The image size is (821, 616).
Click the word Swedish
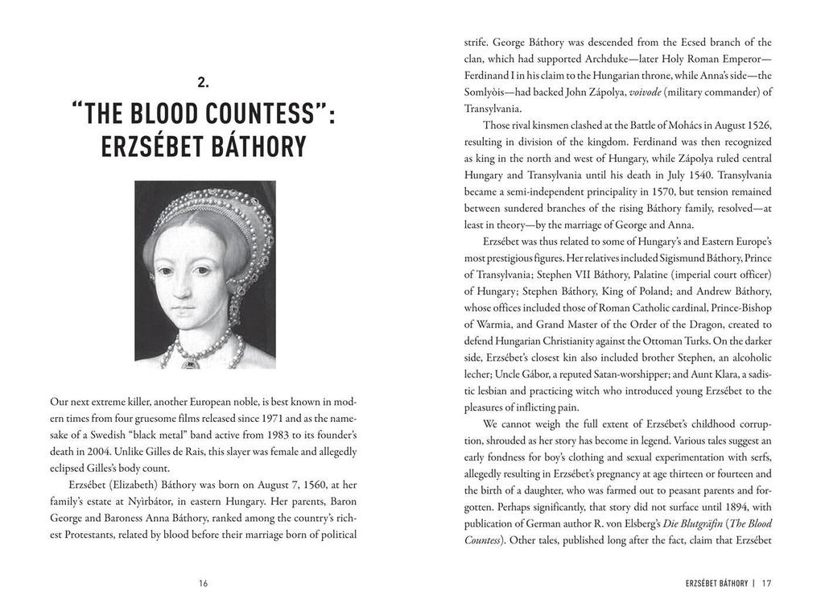tap(112, 435)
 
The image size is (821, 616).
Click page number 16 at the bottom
tap(203, 583)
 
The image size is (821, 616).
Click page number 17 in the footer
tap(766, 583)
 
